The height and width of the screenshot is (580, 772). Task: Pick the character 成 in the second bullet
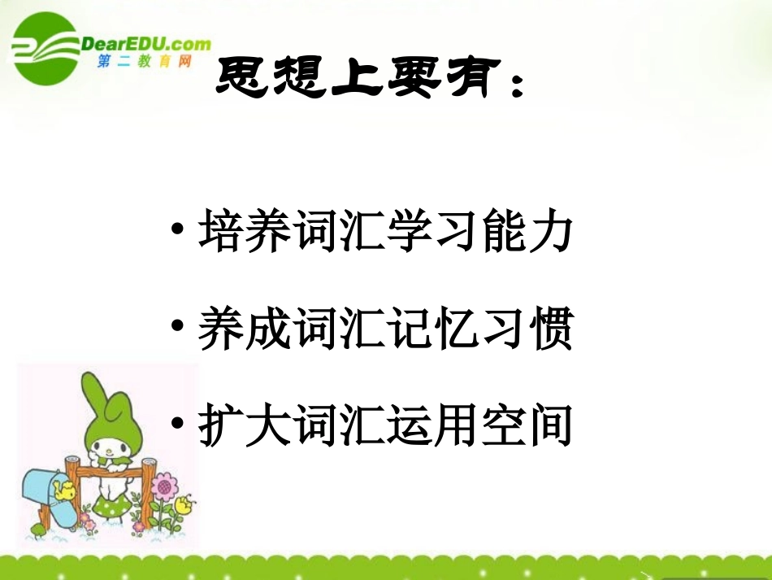click(262, 330)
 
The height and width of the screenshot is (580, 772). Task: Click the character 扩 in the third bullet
click(217, 426)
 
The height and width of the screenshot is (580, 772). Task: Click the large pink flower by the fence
click(167, 488)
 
